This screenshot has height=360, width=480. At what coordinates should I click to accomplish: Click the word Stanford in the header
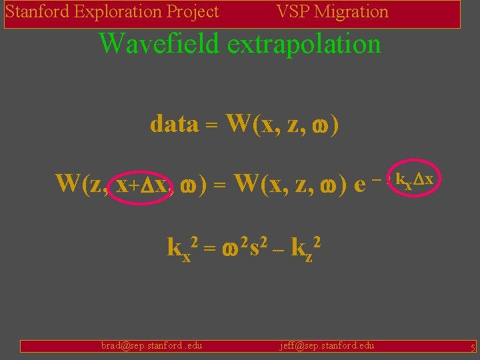[x=38, y=12]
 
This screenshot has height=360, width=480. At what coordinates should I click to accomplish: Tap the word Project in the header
[x=192, y=12]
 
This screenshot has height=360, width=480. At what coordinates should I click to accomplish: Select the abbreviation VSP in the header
[x=292, y=12]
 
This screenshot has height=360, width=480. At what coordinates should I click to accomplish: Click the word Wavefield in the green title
[x=159, y=44]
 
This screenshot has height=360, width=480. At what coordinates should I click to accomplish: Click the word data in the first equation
[x=174, y=124]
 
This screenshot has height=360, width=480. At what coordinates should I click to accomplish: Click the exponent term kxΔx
[x=415, y=179]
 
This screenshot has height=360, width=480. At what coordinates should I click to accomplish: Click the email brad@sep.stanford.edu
[x=151, y=345]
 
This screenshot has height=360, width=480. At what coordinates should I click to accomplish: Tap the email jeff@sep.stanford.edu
[x=327, y=345]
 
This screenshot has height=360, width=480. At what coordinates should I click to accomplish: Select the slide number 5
[x=472, y=347]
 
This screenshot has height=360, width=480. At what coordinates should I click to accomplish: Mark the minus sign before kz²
[x=277, y=249]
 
